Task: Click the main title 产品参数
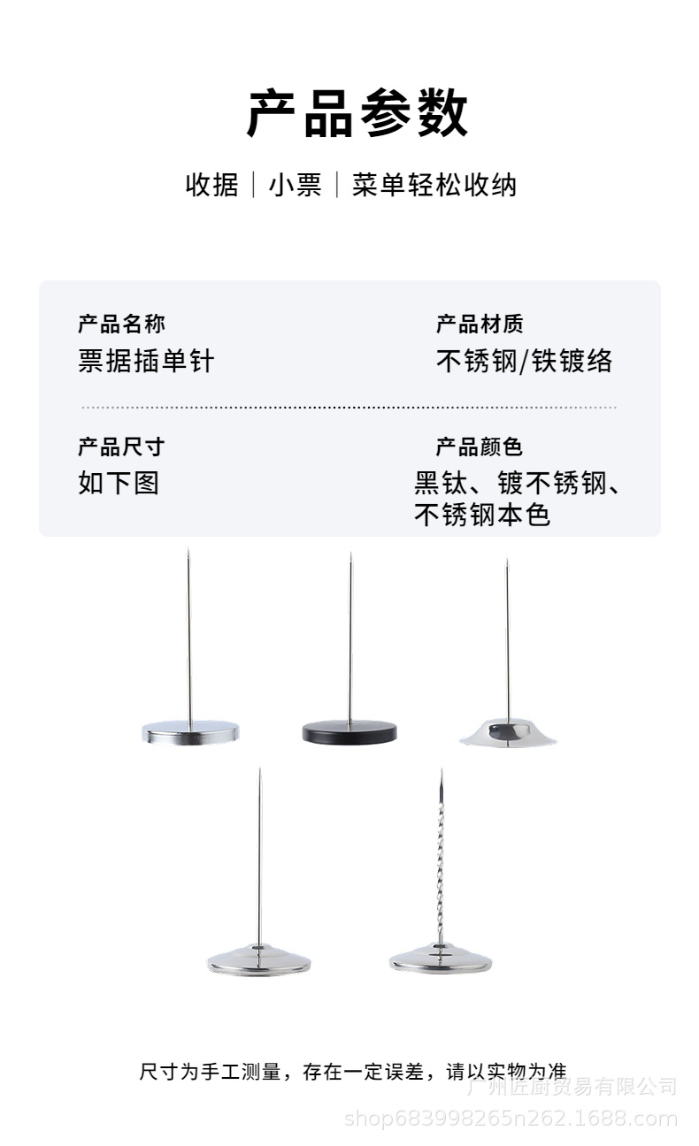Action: pos(357,114)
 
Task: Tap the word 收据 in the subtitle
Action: pos(211,185)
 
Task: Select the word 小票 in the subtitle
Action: pos(295,185)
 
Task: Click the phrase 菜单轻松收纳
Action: pos(434,185)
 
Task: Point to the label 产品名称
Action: pos(121,324)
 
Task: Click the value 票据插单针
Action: pos(146,361)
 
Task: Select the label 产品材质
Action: pos(480,324)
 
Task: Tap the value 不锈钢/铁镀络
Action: pos(524,361)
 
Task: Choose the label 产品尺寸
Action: pos(121,447)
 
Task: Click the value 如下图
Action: pos(119,484)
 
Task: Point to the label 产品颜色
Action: pos(480,447)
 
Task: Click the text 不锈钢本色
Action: pos(482,515)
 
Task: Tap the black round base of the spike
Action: pos(349,732)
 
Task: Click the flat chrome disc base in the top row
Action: pos(190,732)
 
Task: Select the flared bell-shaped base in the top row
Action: pos(508,732)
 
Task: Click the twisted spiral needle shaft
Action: pos(440,858)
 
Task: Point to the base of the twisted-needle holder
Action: pos(441,959)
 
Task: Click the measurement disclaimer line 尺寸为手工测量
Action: pos(352,1072)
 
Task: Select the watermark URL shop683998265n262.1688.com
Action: pos(511,1119)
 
